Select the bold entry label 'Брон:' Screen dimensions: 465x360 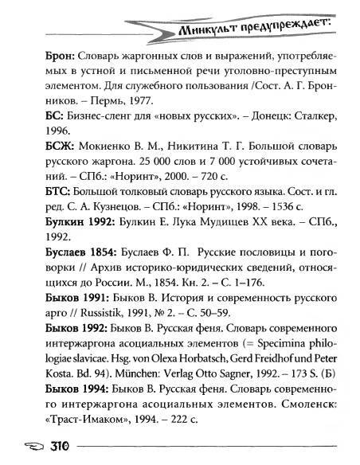(53, 59)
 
